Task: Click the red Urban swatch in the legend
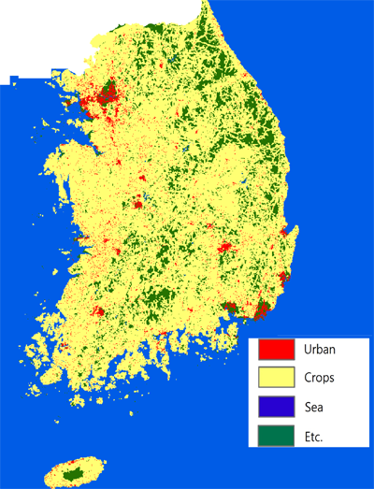[x=278, y=349]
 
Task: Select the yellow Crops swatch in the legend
[x=278, y=378]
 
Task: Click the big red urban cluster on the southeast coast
[x=263, y=310]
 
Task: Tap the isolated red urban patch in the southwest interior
[x=97, y=311]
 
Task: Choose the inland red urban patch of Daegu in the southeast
[x=224, y=248]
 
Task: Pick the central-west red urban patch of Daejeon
[x=137, y=201]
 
